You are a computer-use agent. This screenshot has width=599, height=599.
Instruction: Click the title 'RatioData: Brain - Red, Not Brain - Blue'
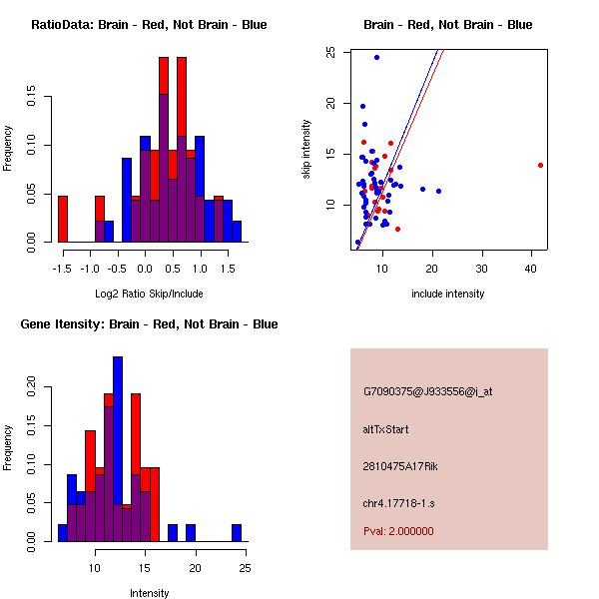pos(149,25)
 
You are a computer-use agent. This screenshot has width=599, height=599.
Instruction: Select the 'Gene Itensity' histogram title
pos(149,324)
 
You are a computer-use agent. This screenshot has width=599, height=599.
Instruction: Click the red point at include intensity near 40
pos(540,165)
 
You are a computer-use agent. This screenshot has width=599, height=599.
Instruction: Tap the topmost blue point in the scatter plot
pos(376,57)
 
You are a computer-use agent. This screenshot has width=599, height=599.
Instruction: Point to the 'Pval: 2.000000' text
pos(398,531)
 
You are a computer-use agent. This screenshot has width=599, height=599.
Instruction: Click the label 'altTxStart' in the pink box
pos(386,429)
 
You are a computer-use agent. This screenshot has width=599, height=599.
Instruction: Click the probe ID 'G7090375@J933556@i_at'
pos(427,391)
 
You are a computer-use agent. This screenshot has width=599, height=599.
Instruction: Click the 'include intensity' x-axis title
pos(448,294)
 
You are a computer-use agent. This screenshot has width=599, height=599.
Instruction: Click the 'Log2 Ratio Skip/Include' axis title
pos(149,294)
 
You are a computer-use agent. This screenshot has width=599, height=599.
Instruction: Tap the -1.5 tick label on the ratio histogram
pos(63,268)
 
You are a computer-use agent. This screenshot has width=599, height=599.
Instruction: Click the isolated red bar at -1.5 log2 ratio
pos(63,219)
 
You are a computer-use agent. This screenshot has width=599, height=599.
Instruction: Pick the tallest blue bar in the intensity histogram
pos(118,449)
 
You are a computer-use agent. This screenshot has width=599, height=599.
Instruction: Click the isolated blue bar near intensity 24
pos(237,533)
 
